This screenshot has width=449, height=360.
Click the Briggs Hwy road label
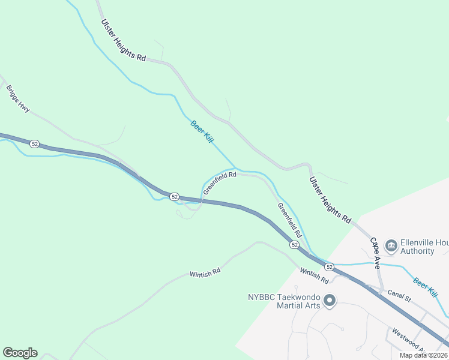tap(18, 98)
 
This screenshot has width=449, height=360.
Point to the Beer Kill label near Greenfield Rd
tap(202, 131)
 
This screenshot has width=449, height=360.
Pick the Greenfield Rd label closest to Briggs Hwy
tap(220, 183)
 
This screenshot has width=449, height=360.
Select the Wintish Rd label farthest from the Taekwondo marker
tap(205, 272)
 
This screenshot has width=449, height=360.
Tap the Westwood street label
tap(409, 340)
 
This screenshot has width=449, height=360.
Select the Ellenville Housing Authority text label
tap(418, 247)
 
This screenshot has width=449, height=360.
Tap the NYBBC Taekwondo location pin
tap(329, 301)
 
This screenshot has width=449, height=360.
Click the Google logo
tap(19, 353)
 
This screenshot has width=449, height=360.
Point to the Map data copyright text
tap(423, 355)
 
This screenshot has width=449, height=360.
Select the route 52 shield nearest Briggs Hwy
tap(34, 144)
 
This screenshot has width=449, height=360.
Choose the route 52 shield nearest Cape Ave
tap(329, 266)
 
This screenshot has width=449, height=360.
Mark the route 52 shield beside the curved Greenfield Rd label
tap(174, 197)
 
